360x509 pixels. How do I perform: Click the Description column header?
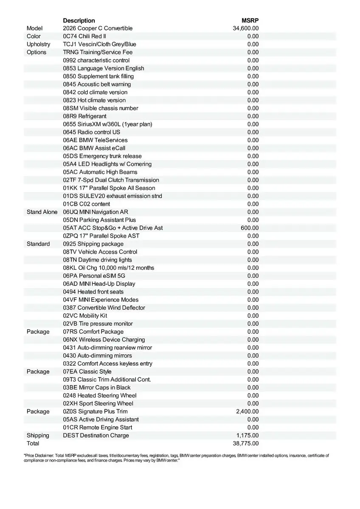pos(79,20)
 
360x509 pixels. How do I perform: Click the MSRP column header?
pos(250,20)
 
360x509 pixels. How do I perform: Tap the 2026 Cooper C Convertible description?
pos(98,28)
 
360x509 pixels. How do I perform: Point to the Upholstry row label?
pos(38,44)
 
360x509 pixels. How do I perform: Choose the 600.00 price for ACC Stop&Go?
pos(250,228)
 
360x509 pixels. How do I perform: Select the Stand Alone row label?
pos(42,212)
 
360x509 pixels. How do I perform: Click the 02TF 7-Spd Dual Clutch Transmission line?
pos(111,180)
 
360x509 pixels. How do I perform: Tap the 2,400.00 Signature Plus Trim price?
pos(247,411)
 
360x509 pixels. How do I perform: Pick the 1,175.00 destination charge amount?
pos(247,435)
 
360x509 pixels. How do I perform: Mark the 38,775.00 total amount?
pos(246,443)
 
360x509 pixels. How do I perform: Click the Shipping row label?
pos(38,435)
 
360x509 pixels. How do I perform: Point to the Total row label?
pos(33,443)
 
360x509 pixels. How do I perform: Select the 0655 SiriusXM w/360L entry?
pos(107,124)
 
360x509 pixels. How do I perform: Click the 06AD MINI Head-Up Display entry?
pos(99,284)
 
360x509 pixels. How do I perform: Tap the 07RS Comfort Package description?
pos(93,332)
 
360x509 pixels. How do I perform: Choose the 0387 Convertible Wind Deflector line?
pos(104,308)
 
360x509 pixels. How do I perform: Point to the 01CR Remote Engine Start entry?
pos(98,427)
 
